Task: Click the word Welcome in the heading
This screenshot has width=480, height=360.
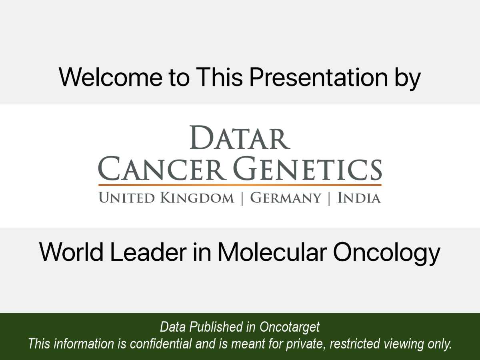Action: coord(110,77)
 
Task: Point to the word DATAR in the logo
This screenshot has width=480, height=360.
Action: coord(240,138)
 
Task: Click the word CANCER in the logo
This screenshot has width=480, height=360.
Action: coord(162,168)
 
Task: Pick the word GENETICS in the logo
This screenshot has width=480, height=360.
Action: coord(307,168)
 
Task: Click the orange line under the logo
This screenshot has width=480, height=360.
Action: coord(240,185)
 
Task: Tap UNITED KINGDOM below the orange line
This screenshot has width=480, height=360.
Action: coord(166,198)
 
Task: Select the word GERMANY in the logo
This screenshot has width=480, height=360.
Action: coord(285,198)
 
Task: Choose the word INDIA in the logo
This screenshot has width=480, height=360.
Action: coord(359,198)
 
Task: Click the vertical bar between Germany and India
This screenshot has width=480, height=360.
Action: coord(329,198)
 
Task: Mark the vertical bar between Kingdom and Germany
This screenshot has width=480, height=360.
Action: coord(242,198)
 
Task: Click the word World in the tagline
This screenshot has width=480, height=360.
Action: coord(71,252)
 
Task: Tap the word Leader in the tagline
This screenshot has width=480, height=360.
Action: coord(148,252)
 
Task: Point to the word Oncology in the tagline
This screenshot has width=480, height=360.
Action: coord(386,254)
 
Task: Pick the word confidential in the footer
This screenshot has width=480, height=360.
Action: coord(161,343)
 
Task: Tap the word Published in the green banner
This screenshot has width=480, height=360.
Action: coord(216,327)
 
